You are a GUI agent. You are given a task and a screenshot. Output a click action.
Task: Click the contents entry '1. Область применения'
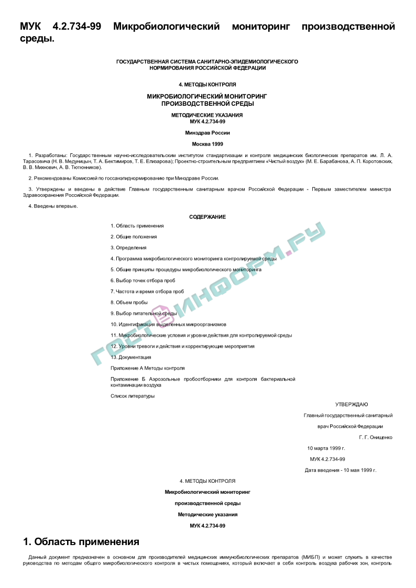(x=137, y=226)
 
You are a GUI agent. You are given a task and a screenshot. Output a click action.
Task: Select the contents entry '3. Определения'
(x=128, y=248)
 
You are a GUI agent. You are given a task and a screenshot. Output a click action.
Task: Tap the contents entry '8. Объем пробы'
(x=129, y=302)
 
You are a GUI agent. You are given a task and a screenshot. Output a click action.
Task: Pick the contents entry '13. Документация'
(x=130, y=357)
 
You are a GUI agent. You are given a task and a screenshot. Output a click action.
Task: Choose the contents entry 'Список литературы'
(x=133, y=396)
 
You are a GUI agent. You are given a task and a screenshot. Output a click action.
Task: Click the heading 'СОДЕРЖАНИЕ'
(x=207, y=217)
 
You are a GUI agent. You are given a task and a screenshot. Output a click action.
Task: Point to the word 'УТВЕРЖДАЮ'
(x=352, y=404)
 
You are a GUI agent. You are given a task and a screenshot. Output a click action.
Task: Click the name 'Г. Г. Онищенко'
(x=376, y=437)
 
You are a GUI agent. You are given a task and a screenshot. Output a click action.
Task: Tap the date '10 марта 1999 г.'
(x=326, y=448)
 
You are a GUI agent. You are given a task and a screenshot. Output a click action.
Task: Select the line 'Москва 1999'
(x=207, y=143)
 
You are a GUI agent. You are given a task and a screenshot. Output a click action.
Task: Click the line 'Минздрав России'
(x=207, y=133)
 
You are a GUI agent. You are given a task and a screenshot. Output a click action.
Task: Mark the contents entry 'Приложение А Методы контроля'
(x=147, y=368)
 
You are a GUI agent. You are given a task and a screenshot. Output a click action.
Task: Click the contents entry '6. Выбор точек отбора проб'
(x=143, y=281)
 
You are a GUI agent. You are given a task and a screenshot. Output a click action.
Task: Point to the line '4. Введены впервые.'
(x=53, y=206)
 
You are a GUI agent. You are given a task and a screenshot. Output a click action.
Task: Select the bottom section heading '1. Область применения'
(x=81, y=541)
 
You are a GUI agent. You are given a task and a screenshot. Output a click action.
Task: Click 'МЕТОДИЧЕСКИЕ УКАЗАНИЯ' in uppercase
(x=207, y=115)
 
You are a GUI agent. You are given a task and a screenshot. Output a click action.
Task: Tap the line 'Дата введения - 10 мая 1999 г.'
(x=341, y=470)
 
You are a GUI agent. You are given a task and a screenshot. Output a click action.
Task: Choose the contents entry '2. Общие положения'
(x=134, y=237)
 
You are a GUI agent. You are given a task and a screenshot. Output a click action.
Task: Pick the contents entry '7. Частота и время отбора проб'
(x=147, y=292)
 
